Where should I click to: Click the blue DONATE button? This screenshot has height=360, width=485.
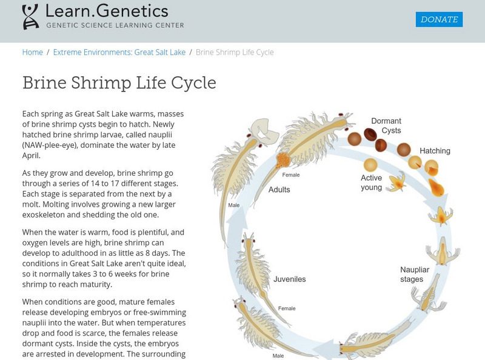(439, 19)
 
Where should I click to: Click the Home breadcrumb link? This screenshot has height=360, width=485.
(32, 52)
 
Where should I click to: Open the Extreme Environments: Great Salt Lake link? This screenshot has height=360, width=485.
(119, 52)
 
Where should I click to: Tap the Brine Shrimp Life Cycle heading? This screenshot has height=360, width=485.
(119, 82)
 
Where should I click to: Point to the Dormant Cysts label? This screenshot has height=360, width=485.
(386, 125)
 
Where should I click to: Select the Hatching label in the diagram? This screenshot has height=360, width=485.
(435, 151)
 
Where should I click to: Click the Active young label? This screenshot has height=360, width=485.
(371, 182)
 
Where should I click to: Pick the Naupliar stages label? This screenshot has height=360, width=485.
(419, 274)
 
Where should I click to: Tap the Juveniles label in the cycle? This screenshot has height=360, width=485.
(290, 279)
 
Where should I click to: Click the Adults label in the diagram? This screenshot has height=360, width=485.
(279, 189)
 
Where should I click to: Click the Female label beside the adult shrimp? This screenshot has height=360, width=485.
(291, 175)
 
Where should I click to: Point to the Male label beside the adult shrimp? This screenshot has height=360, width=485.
(233, 205)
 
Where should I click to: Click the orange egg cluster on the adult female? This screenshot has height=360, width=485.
(283, 161)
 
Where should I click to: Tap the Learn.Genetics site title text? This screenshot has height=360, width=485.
(107, 10)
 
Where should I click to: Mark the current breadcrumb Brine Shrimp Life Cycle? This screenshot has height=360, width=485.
(235, 52)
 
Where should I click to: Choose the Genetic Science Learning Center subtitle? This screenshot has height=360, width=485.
(115, 25)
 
